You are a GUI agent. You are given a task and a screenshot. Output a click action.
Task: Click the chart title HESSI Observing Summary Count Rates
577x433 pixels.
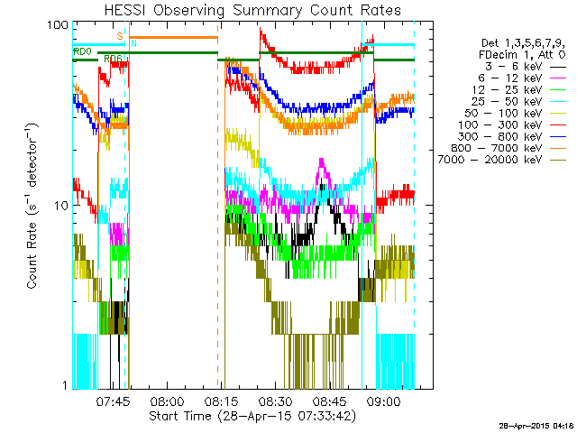pyautogui.click(x=252, y=10)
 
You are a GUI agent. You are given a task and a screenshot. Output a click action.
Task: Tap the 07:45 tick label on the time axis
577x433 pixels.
pyautogui.click(x=114, y=402)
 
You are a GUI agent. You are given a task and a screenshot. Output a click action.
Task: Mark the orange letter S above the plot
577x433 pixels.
pyautogui.click(x=120, y=35)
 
